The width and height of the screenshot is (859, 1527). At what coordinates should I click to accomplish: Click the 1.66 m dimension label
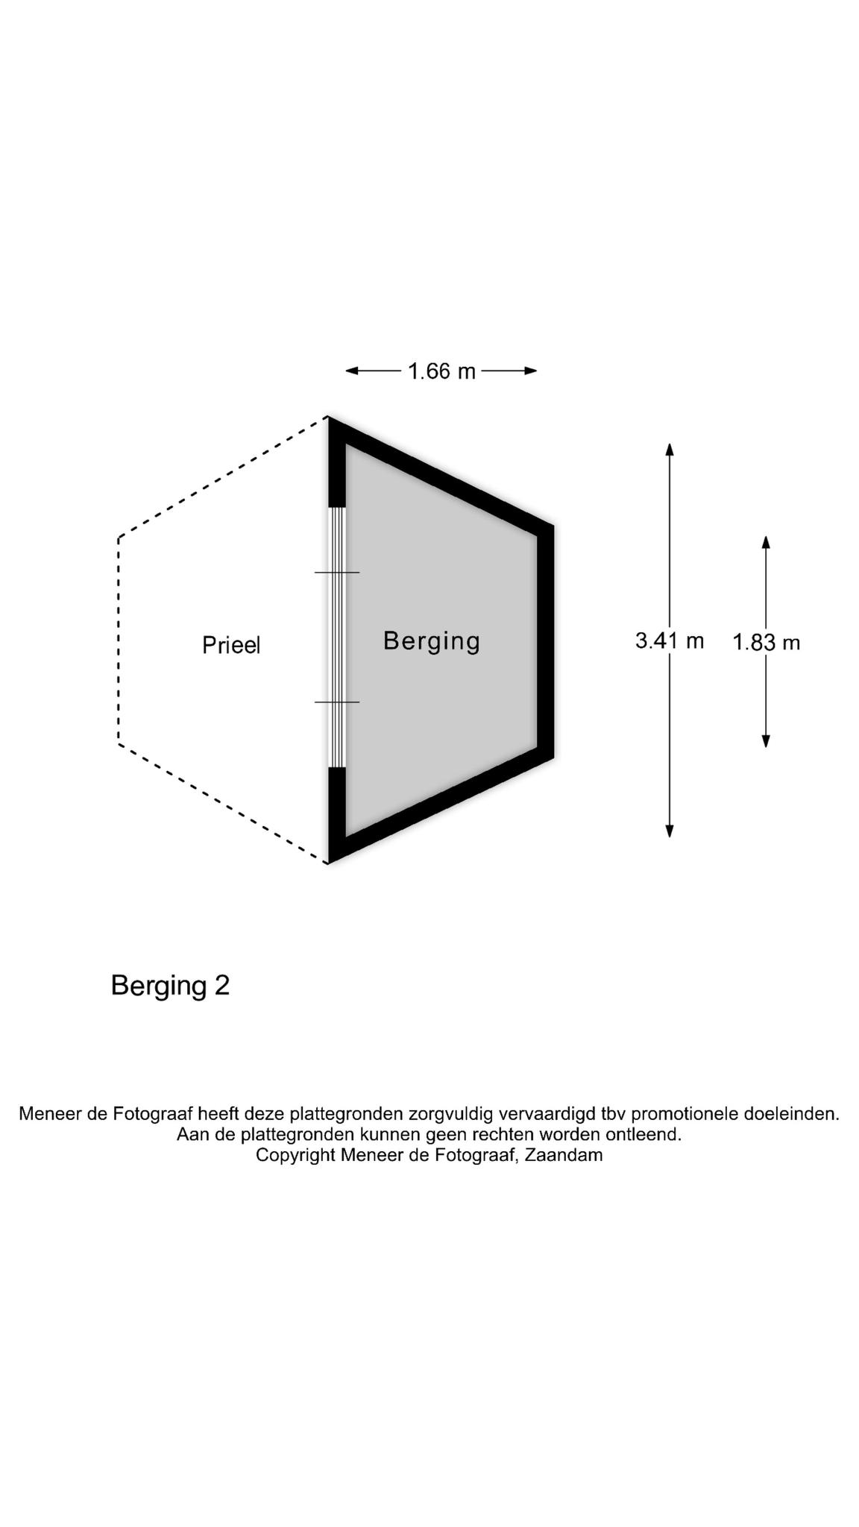[441, 371]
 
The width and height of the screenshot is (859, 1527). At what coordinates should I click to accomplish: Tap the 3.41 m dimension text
[670, 640]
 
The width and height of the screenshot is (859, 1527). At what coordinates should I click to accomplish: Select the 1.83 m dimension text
[766, 642]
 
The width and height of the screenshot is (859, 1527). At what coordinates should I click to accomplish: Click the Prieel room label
[231, 645]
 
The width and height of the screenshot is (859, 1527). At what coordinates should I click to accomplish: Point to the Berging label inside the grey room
[432, 641]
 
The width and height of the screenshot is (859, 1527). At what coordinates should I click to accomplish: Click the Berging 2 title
[170, 986]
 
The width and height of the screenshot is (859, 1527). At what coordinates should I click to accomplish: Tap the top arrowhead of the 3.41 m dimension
[670, 449]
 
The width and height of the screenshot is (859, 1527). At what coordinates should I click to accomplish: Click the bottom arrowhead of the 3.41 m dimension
[670, 831]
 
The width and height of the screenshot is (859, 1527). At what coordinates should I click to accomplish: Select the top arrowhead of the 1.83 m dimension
[766, 541]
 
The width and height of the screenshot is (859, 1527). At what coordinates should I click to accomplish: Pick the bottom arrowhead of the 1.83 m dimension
[766, 741]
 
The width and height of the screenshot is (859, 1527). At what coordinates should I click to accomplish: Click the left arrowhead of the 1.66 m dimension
[352, 371]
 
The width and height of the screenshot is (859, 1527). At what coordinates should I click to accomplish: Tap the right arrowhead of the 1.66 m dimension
[531, 371]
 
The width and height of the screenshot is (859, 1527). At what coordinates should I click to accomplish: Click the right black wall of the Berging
[546, 641]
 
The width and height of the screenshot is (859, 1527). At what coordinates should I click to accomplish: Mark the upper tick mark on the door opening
[337, 573]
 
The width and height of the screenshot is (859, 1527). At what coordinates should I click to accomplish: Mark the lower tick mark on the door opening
[337, 702]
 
